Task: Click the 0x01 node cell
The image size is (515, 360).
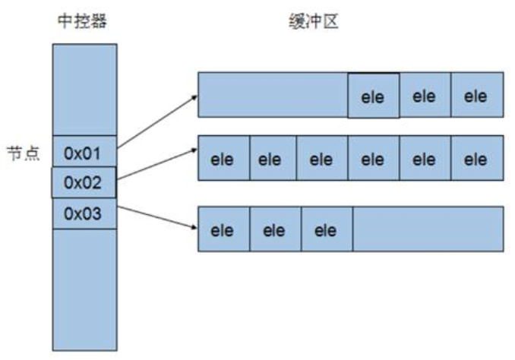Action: coord(84,153)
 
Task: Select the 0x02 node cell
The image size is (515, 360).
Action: coord(84,183)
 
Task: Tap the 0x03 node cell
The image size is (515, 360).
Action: coord(84,213)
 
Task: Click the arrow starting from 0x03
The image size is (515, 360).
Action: coord(156,216)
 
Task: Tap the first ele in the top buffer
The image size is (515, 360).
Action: coord(373,96)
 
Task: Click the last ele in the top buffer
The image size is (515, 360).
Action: coord(476,96)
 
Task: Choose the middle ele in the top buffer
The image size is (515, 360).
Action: coord(425,96)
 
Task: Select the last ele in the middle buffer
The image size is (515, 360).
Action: coord(476,159)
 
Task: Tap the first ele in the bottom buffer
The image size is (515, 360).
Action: coord(223,230)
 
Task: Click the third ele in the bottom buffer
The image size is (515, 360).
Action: coord(326,230)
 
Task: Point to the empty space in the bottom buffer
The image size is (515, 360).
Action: coord(428,230)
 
